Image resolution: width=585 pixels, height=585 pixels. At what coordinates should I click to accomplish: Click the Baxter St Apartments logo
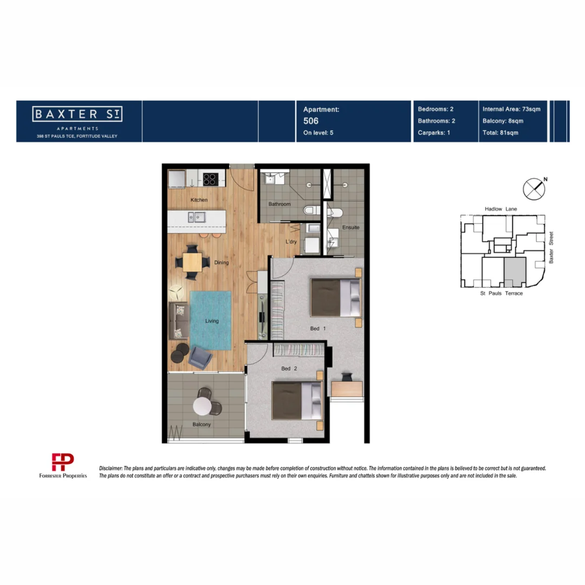coord(78,115)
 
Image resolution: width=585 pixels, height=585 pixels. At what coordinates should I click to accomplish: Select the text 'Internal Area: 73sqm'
coord(511,109)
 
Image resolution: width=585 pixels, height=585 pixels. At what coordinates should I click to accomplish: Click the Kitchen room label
coord(199,200)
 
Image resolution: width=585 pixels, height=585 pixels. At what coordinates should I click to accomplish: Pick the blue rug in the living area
coord(210,321)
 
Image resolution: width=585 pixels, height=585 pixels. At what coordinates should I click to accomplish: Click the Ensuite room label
coord(350,227)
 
